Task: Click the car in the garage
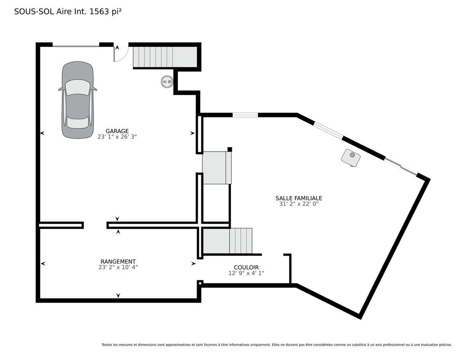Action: coord(78,100)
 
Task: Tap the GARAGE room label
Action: coord(117,131)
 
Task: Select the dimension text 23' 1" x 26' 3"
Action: coord(117,137)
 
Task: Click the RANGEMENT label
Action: coord(118,262)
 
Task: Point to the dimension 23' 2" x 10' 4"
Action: coord(118,267)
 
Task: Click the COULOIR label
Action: coord(246,267)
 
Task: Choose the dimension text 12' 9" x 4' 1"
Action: coord(246,273)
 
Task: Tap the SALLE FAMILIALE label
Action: coord(299,198)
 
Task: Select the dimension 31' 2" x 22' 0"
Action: coord(299,204)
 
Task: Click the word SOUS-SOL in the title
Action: coord(34,12)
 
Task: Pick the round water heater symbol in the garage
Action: coord(167,82)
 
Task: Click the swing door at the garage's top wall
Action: coord(121,54)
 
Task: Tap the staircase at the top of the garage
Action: coord(165,57)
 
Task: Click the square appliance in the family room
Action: coord(351,158)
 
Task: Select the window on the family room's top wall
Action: coord(245,115)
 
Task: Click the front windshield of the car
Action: coord(78,87)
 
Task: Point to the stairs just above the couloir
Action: coord(228,241)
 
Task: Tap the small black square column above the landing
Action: coord(230,150)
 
